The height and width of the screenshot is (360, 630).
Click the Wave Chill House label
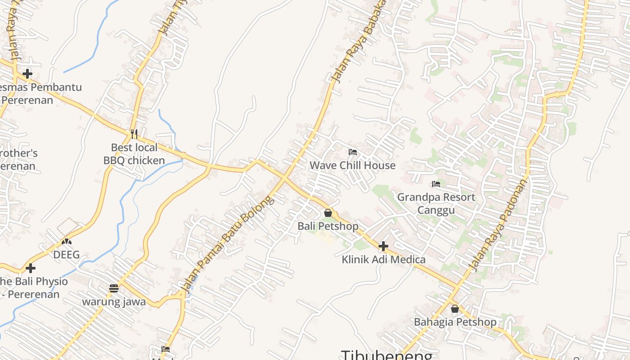(x=352, y=165)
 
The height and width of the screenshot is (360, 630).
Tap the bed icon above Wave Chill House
(x=353, y=152)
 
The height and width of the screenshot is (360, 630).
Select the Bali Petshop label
(x=328, y=226)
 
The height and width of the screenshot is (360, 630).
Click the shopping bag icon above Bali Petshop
(x=328, y=213)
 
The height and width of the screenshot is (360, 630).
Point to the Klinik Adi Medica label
(x=383, y=259)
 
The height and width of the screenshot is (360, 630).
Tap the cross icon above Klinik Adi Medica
(x=383, y=246)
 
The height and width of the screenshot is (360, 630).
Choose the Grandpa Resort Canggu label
(x=436, y=203)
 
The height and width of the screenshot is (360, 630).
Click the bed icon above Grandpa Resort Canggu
(x=436, y=184)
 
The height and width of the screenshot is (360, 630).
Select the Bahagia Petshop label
(x=455, y=322)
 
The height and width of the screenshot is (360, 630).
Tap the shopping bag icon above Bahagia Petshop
(x=455, y=309)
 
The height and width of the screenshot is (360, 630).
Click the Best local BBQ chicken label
(x=134, y=154)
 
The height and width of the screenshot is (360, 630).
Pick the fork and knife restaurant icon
(x=134, y=134)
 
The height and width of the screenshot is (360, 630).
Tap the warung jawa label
(x=114, y=301)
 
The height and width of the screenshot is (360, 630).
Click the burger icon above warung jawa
(x=114, y=288)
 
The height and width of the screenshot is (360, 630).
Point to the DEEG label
(x=67, y=255)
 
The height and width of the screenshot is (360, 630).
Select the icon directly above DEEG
(x=67, y=241)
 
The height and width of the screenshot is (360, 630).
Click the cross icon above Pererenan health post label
(x=27, y=73)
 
